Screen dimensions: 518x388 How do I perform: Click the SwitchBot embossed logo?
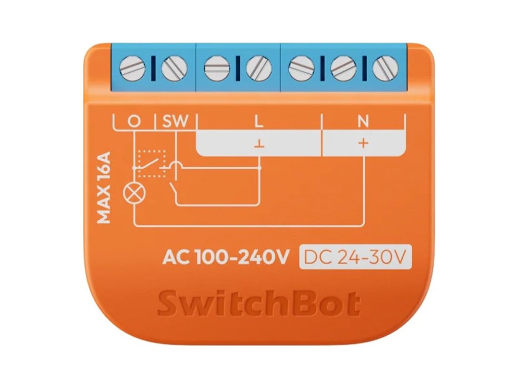pyautogui.click(x=258, y=304)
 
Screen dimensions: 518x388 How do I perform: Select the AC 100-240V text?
pyautogui.click(x=225, y=258)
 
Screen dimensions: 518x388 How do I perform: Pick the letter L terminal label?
pyautogui.click(x=258, y=122)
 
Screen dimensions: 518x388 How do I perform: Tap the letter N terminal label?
pyautogui.click(x=363, y=122)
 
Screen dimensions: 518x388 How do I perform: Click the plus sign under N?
pyautogui.click(x=363, y=143)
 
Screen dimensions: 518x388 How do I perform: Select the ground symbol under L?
pyautogui.click(x=258, y=144)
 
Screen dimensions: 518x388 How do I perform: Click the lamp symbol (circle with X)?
pyautogui.click(x=134, y=193)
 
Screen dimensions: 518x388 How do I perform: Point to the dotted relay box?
pyautogui.click(x=152, y=163)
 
